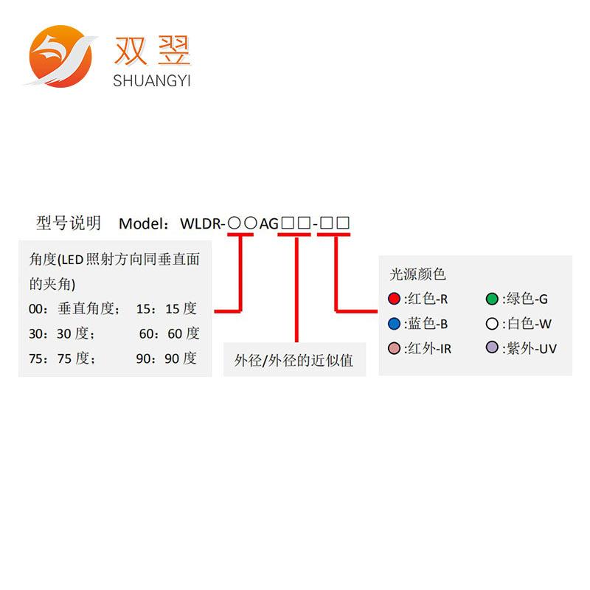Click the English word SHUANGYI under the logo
(x=152, y=81)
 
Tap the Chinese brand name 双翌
(x=153, y=50)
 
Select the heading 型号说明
(x=69, y=223)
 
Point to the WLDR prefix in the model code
(x=201, y=223)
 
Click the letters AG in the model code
(x=268, y=223)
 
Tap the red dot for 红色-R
(x=394, y=299)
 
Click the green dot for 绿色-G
(x=492, y=299)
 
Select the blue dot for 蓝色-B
(x=394, y=323)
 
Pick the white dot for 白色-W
(x=492, y=323)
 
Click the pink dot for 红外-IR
(x=394, y=348)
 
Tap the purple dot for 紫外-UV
(x=492, y=347)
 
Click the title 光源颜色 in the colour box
(x=417, y=274)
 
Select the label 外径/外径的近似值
(x=294, y=361)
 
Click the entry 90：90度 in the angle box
(x=167, y=358)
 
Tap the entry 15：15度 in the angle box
(x=167, y=309)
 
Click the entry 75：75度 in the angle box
(x=62, y=358)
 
